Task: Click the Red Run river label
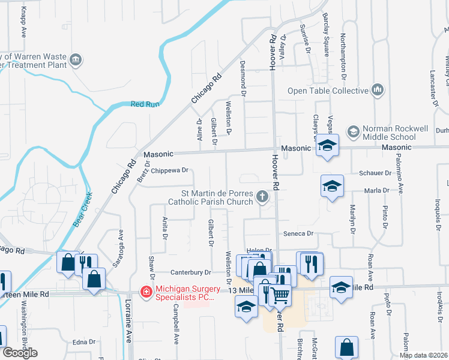145,104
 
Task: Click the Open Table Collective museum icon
378,90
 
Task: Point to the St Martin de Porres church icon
262,196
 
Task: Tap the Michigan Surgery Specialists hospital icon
146,292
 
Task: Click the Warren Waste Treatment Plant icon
76,59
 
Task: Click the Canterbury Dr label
191,272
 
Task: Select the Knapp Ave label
24,20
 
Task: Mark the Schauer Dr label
375,173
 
